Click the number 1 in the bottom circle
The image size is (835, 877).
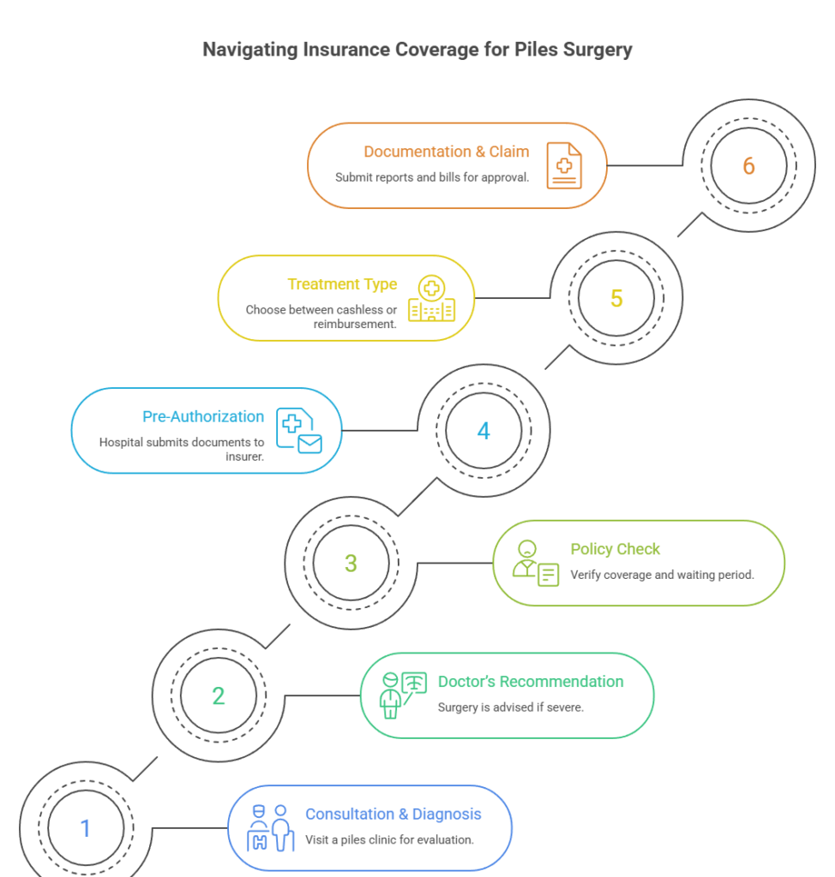[x=85, y=828]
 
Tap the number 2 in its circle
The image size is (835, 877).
[x=219, y=695]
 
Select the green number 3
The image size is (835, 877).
[x=351, y=563]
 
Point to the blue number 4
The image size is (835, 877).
[x=484, y=430]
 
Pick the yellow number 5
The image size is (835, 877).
[x=616, y=298]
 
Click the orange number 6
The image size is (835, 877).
[x=749, y=165]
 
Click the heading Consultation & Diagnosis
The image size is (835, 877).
[x=393, y=814]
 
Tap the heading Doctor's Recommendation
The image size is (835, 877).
[x=531, y=682]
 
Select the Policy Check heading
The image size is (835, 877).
[x=616, y=549]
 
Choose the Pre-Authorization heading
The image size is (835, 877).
[x=203, y=416]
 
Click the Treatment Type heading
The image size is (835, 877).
[x=342, y=283]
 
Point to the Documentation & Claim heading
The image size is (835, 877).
[x=446, y=152]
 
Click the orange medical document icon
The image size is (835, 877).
[x=563, y=164]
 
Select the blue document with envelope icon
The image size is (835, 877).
[x=297, y=431]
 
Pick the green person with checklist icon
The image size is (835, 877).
[x=535, y=564]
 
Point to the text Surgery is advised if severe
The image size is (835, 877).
[x=510, y=707]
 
